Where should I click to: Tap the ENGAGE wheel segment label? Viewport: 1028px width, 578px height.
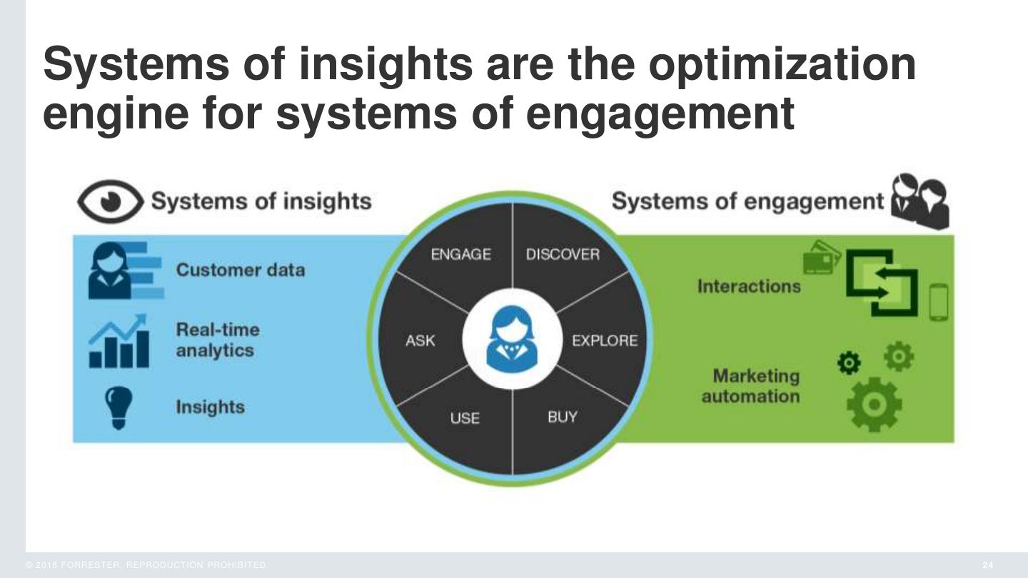(461, 255)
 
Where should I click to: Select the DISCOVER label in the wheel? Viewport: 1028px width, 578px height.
(563, 255)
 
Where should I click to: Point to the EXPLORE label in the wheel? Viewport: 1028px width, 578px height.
(604, 340)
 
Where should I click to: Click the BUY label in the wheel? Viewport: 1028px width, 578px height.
(562, 417)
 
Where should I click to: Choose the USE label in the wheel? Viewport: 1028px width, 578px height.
(464, 418)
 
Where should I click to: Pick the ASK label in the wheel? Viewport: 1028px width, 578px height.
(420, 341)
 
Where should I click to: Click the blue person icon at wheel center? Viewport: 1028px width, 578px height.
(511, 339)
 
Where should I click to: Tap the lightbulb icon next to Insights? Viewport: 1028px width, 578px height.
(119, 407)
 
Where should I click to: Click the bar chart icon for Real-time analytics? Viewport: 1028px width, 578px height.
(119, 342)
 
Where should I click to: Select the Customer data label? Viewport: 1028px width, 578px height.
(240, 270)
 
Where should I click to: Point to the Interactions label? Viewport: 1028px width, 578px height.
(749, 286)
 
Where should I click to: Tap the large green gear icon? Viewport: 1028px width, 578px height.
(874, 404)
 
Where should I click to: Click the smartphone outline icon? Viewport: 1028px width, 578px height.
(939, 302)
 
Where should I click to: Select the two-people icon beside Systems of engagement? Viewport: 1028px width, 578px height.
(920, 201)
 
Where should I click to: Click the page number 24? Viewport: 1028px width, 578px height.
(987, 565)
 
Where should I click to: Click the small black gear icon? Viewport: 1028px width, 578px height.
(848, 363)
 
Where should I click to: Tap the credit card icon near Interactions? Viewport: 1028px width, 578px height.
(820, 258)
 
